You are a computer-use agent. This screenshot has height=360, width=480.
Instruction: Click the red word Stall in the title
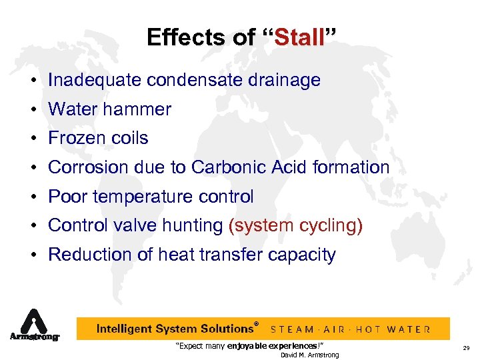(299, 38)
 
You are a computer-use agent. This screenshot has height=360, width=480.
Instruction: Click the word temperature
(143, 197)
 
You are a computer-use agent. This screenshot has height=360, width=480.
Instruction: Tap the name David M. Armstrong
(309, 355)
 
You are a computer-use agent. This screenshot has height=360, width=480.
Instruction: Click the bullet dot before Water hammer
(32, 110)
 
